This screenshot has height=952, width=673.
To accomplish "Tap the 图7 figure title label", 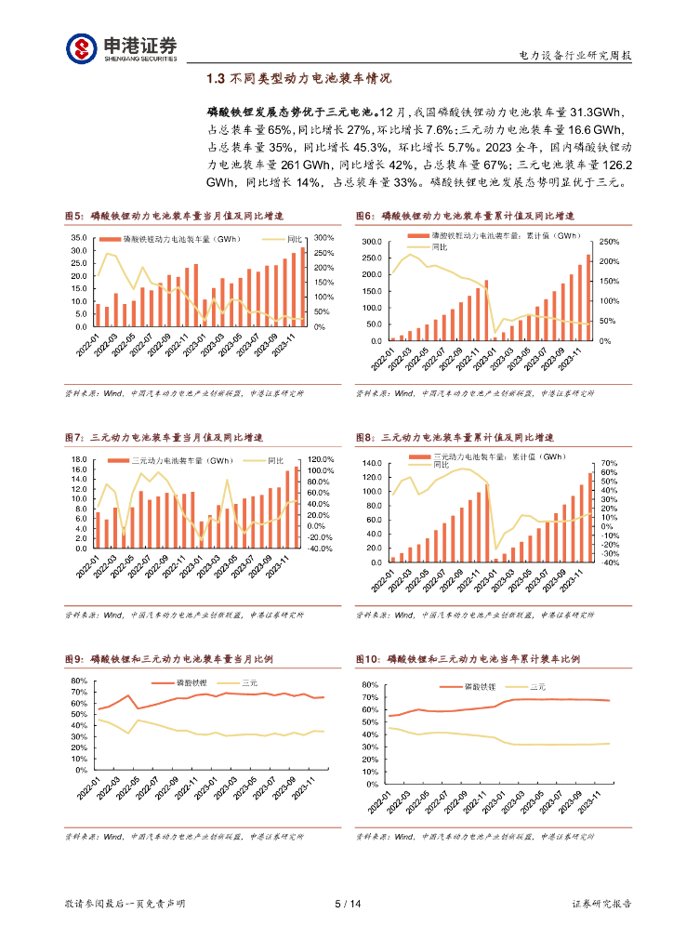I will [x=74, y=437].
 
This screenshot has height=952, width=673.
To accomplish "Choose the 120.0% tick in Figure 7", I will [x=320, y=459].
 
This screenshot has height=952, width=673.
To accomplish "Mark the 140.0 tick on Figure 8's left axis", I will [x=370, y=463].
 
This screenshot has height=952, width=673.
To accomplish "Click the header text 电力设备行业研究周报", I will [x=574, y=56].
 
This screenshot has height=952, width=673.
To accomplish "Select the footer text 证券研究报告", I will [x=600, y=903].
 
